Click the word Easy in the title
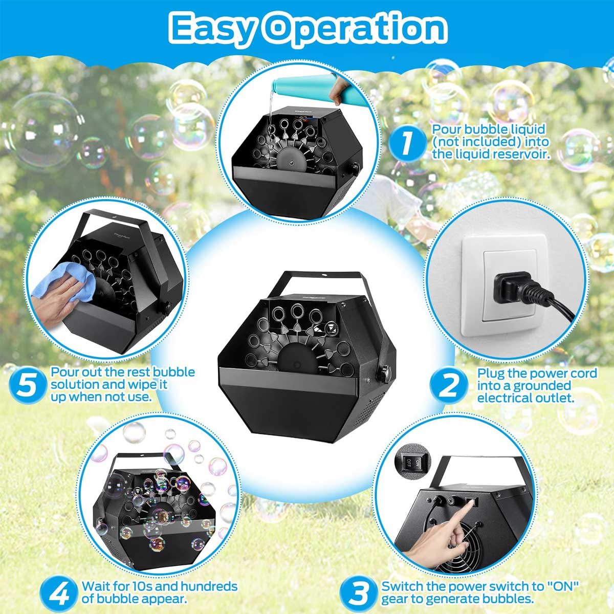(213, 29)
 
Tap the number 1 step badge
(407, 143)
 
